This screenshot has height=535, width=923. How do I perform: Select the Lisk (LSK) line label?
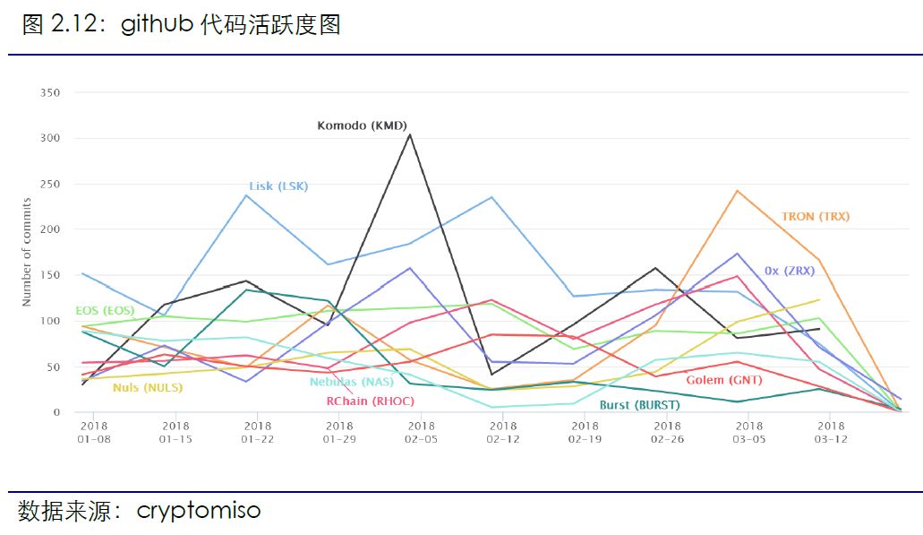tap(278, 186)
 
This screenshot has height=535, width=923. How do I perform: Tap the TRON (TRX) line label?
tap(815, 217)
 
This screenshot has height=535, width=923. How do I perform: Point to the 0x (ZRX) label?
tap(790, 270)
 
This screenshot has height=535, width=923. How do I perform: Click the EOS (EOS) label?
tap(105, 311)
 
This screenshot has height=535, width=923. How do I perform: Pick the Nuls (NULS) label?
tap(148, 388)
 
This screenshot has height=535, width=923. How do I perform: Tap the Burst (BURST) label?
tap(639, 405)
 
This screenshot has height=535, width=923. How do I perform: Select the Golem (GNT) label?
tap(723, 381)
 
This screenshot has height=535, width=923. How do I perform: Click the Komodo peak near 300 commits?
tap(410, 134)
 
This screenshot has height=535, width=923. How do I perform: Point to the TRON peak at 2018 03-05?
tap(736, 191)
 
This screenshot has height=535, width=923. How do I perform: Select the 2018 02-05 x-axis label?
tap(421, 433)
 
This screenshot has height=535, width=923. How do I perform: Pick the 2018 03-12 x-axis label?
tap(831, 433)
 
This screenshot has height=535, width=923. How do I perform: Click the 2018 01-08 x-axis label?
tap(93, 433)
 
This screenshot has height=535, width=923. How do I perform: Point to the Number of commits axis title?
tap(28, 253)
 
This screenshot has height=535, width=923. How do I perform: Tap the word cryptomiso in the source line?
tap(199, 511)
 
